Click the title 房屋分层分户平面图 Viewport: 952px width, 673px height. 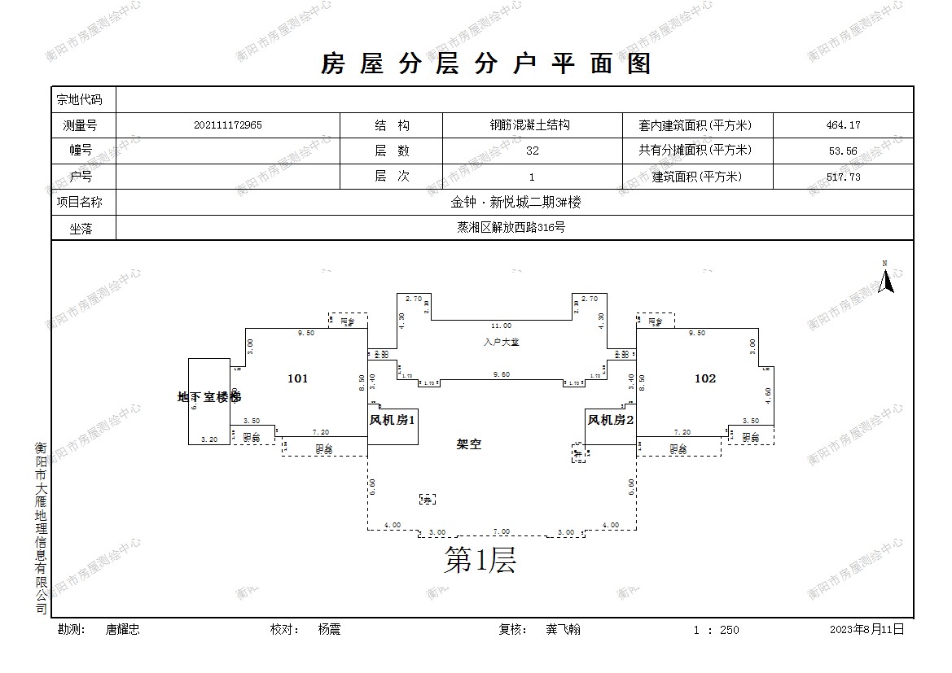[x=486, y=63]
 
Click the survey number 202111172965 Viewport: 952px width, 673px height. [x=228, y=125]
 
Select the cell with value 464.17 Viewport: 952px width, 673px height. [x=843, y=125]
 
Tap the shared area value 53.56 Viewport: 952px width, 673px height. [x=843, y=151]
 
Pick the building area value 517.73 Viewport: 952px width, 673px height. [x=843, y=177]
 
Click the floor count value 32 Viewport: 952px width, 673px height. [x=533, y=151]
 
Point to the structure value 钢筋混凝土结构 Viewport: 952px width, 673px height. [x=529, y=125]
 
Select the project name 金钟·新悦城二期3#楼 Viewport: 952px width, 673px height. [x=515, y=203]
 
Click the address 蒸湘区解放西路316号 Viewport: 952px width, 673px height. [x=511, y=228]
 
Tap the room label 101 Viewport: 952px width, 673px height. [x=298, y=378]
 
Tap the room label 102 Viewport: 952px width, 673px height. [x=705, y=378]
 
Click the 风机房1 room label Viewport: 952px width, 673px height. [x=393, y=420]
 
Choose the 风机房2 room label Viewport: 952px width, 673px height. [x=611, y=420]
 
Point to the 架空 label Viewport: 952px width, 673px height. [x=469, y=444]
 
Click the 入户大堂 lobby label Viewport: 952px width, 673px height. [x=501, y=342]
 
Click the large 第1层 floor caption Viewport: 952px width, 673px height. [x=480, y=560]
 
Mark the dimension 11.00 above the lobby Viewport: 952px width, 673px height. [x=501, y=326]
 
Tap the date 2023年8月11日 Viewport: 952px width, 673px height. [x=866, y=629]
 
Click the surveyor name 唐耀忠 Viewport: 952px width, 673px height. [x=123, y=629]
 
